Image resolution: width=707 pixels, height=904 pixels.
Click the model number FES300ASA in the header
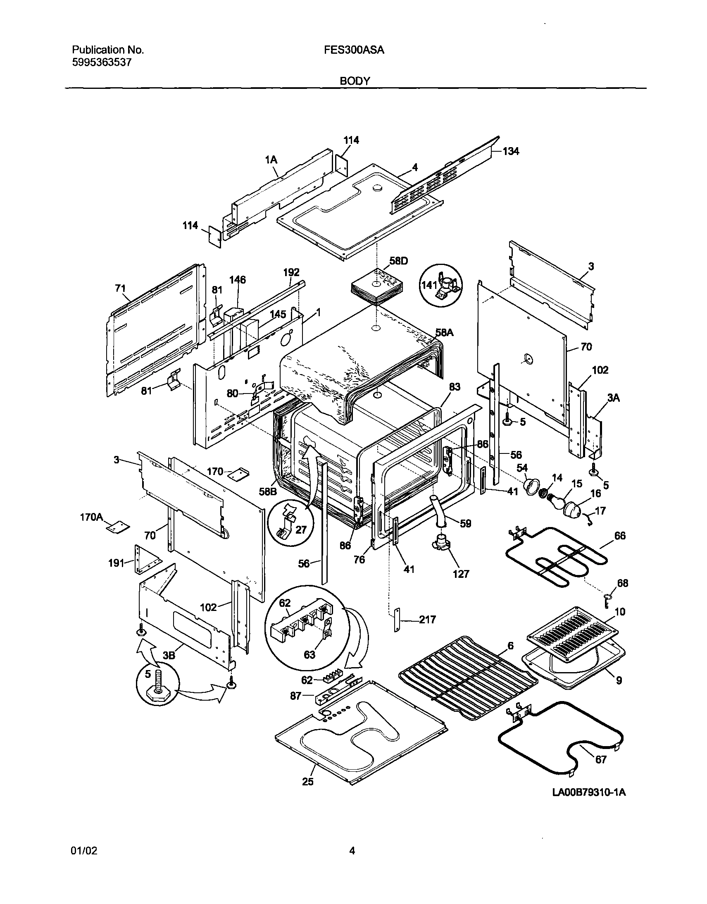click(354, 50)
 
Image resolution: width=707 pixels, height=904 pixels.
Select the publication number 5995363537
click(102, 63)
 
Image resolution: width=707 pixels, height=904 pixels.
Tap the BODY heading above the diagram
click(355, 81)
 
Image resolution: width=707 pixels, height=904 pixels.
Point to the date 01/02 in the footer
click(84, 852)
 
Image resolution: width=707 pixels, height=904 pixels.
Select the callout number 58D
click(399, 261)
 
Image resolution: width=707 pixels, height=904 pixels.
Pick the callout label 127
click(461, 574)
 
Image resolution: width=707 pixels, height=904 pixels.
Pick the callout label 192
click(291, 272)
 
